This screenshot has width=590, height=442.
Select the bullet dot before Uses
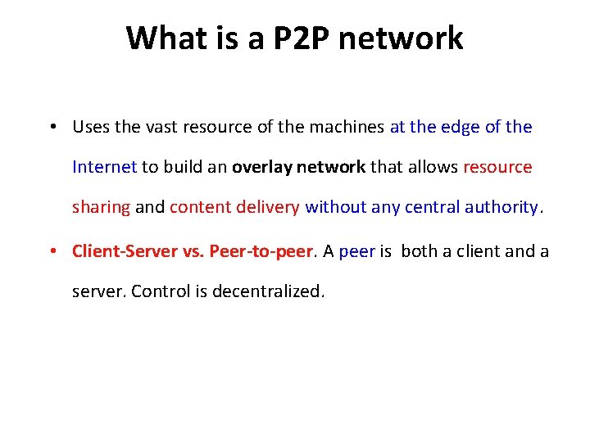click(52, 127)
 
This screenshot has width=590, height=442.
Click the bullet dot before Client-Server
click(52, 250)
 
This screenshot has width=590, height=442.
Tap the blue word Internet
click(104, 167)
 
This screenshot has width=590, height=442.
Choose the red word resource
click(497, 167)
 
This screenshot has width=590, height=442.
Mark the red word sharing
click(101, 207)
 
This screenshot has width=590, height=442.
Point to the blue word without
click(336, 207)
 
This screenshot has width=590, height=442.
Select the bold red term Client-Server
click(128, 250)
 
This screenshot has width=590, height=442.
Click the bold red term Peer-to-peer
click(261, 250)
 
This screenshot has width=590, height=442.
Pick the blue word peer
click(356, 251)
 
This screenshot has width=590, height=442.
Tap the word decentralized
click(269, 291)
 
